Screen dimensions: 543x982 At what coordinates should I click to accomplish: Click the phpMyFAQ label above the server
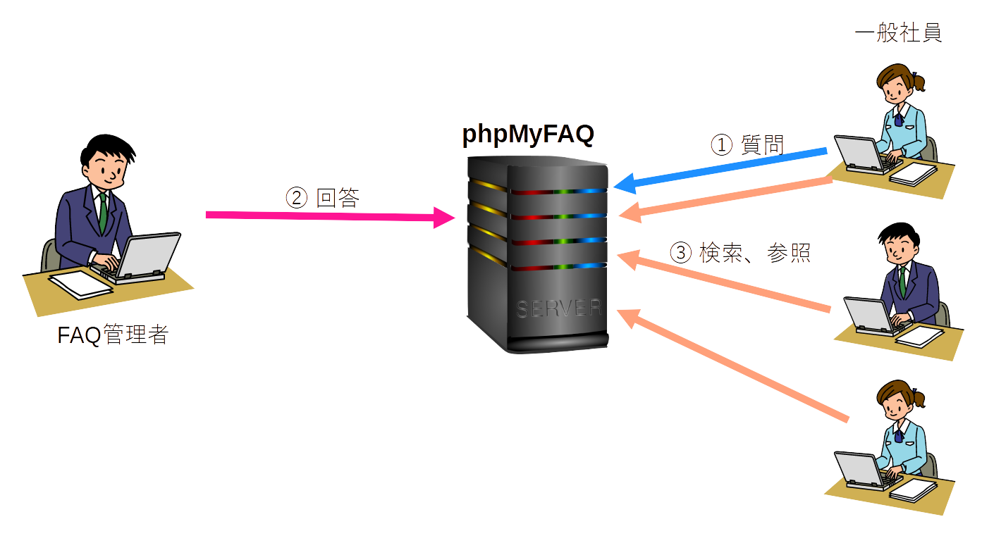point(529,135)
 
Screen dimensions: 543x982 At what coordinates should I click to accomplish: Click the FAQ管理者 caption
point(113,335)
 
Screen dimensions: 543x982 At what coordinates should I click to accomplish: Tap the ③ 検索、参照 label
point(739,252)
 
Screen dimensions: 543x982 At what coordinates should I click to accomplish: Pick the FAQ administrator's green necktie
point(103,214)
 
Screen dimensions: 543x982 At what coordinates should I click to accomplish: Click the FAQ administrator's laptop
point(145,258)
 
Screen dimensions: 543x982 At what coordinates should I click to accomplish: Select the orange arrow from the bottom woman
point(733,366)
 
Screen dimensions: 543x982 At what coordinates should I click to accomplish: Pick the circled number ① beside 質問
point(721,146)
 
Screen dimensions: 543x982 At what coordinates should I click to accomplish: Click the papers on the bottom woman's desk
point(913,489)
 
